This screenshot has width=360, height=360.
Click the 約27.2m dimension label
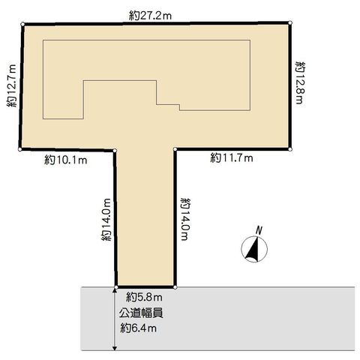[x=150, y=16]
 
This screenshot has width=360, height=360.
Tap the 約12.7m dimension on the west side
[x=11, y=85]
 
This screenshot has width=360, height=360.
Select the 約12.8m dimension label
[x=300, y=82]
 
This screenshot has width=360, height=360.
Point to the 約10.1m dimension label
[x=66, y=160]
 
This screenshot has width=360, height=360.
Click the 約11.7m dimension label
[x=232, y=158]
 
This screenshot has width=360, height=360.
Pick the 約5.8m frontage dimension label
[x=144, y=297]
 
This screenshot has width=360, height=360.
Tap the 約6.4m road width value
[x=139, y=328]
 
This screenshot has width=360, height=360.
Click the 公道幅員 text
[x=141, y=313]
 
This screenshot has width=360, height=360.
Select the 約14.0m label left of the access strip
[x=106, y=220]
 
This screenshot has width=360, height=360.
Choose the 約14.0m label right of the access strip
[x=185, y=219]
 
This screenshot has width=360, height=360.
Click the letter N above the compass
[x=259, y=230]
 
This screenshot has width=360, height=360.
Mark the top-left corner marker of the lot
[x=22, y=24]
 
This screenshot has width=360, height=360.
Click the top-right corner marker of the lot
[x=290, y=22]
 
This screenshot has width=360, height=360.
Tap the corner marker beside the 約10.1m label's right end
[x=115, y=151]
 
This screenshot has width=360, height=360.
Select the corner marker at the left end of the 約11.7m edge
[x=175, y=149]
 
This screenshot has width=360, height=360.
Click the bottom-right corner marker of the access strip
[x=175, y=287]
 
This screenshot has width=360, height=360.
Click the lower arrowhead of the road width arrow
[x=115, y=348]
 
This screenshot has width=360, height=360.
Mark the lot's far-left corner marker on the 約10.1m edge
[x=20, y=149]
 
